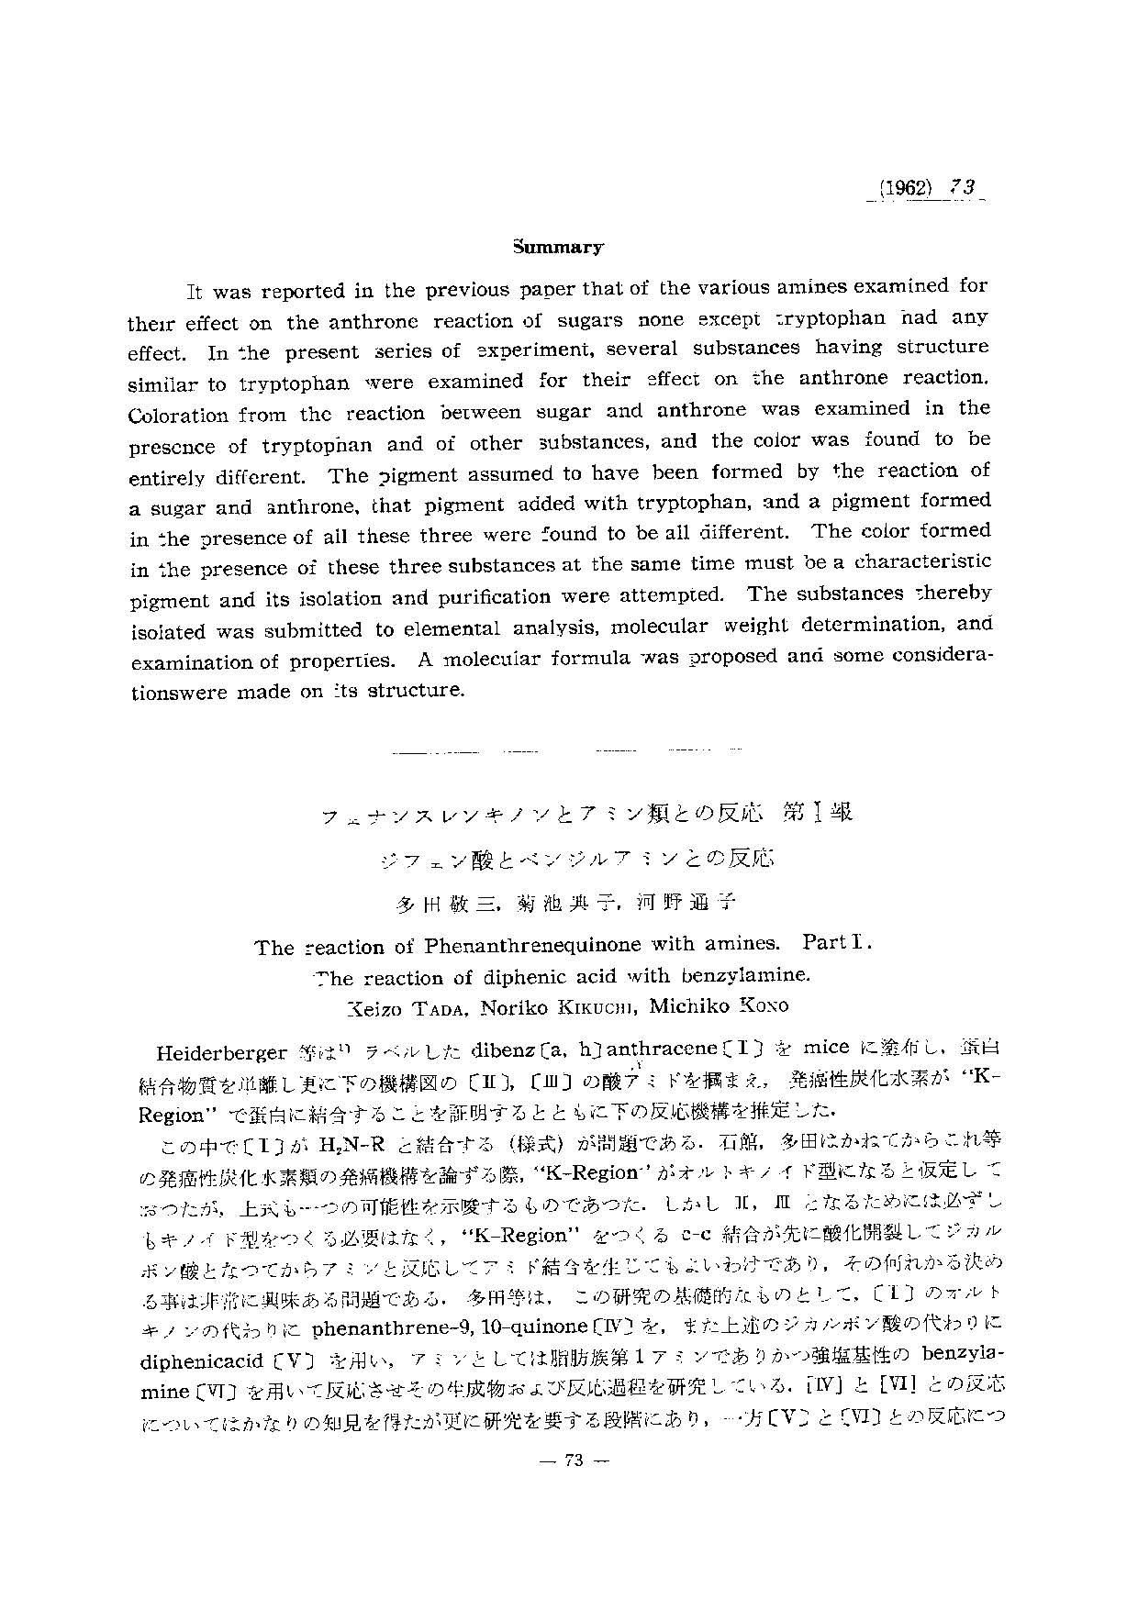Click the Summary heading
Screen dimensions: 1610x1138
tap(558, 247)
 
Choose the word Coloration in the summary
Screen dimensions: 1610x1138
tap(178, 415)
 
